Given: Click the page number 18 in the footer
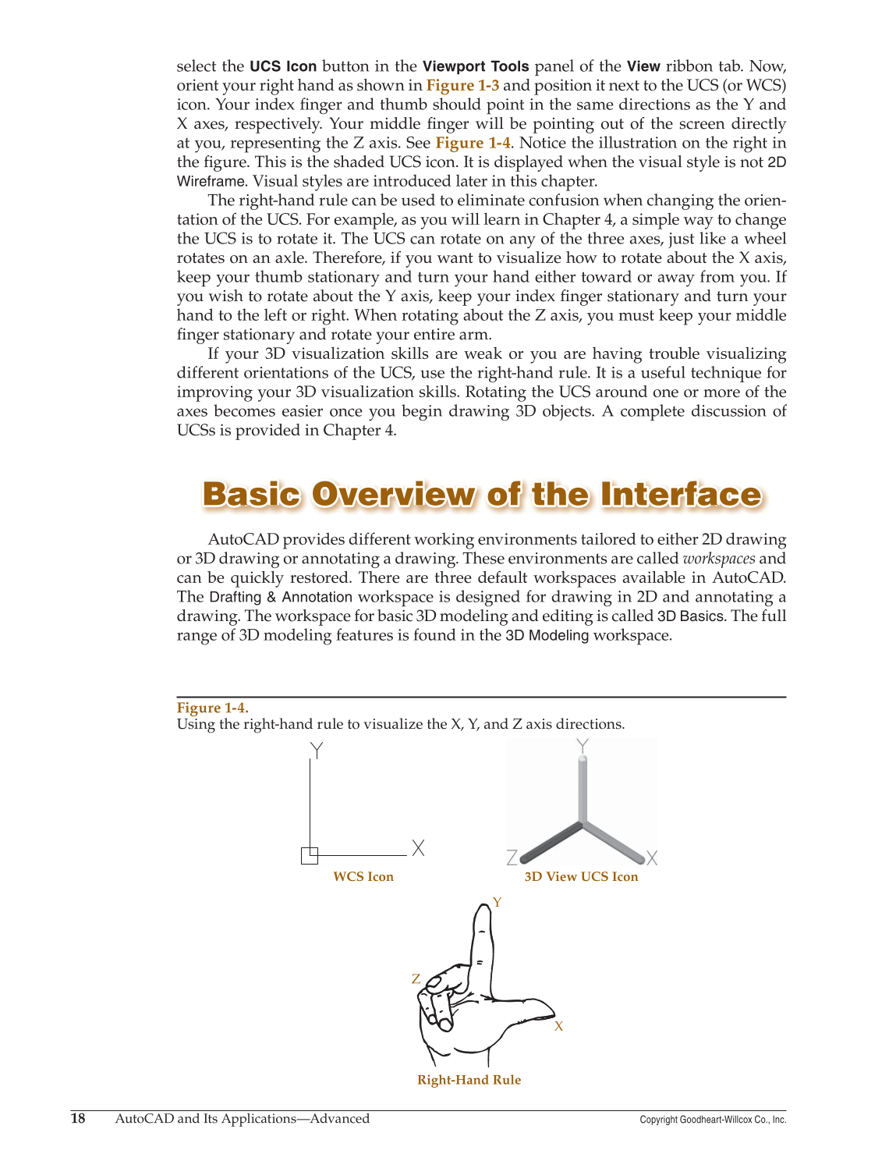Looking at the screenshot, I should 78,1118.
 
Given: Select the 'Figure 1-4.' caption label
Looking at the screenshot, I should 212,708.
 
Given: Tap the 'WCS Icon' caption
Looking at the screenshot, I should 363,876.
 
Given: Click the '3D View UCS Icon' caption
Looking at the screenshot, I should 581,876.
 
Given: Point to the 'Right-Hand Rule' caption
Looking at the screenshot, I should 469,1080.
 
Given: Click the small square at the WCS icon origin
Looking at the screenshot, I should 310,855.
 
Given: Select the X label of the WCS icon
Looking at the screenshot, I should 419,848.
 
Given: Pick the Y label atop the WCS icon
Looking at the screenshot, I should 316,750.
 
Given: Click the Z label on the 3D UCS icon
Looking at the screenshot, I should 512,858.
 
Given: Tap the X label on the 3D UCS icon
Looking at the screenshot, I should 652,858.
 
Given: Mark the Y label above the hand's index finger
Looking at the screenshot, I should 497,903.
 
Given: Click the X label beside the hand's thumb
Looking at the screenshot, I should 558,1027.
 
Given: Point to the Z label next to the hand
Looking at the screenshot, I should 416,979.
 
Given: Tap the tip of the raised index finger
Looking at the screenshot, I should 482,913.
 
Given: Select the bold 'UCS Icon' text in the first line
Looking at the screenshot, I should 283,66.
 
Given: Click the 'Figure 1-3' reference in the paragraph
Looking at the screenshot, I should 462,86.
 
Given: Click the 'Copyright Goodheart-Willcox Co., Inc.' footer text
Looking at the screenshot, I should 713,1120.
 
